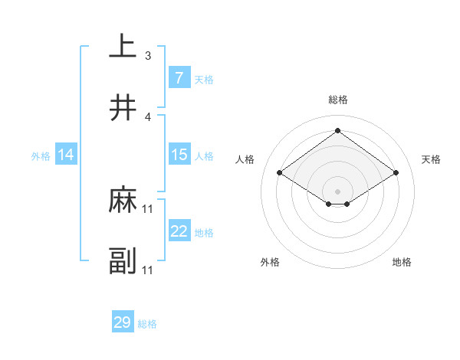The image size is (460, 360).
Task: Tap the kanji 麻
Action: coord(123,201)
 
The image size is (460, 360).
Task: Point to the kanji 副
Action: coord(123,261)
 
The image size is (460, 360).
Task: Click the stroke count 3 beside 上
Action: coord(148,56)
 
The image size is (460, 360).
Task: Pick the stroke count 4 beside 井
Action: coord(148,116)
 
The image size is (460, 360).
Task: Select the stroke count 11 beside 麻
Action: coord(148,209)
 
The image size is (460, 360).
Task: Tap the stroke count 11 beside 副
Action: coord(148,270)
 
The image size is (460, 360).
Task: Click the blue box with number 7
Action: coord(179,77)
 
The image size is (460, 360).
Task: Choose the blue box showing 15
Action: coord(179,155)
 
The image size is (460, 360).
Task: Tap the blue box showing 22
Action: coord(179,231)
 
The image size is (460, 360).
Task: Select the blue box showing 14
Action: coord(66,155)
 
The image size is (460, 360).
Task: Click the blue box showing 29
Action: coord(123,322)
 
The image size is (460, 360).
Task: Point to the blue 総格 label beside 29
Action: coord(147,324)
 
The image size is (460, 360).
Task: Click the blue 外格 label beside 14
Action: coord(41,156)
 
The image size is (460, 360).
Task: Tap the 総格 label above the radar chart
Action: coord(337,100)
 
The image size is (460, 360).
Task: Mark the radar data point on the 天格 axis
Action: coord(396,173)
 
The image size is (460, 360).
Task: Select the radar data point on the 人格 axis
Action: coord(279,173)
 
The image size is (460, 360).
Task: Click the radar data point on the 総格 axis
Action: coord(337,130)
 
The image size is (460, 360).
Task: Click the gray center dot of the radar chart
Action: coord(337,190)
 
